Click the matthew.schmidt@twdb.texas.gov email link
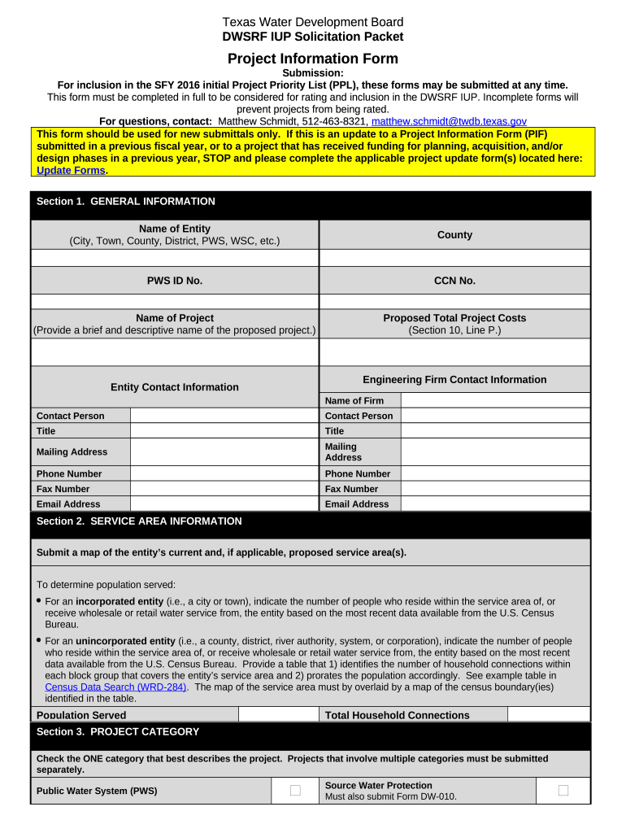tap(449, 121)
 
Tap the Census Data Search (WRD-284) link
tap(115, 687)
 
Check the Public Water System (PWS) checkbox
tap(295, 791)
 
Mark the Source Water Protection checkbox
tap(563, 791)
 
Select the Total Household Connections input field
tap(548, 715)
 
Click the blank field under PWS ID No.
tap(174, 302)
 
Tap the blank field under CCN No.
tap(454, 302)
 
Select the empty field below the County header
tap(454, 258)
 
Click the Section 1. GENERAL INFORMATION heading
tap(126, 202)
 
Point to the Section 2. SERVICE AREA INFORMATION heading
tap(139, 521)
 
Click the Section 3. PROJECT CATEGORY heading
tap(118, 732)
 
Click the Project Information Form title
tap(312, 59)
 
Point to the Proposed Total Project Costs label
tap(454, 318)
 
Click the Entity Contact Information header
tap(174, 387)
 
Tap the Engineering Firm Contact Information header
tap(454, 380)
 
